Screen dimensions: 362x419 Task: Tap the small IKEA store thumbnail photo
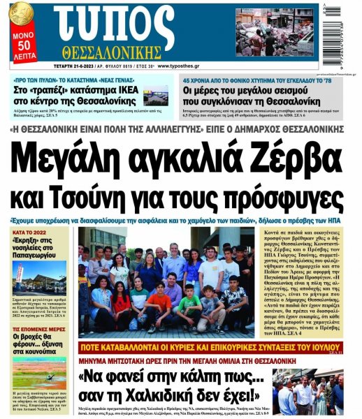(x=156, y=96)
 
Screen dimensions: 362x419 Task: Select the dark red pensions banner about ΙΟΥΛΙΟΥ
(x=212, y=348)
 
